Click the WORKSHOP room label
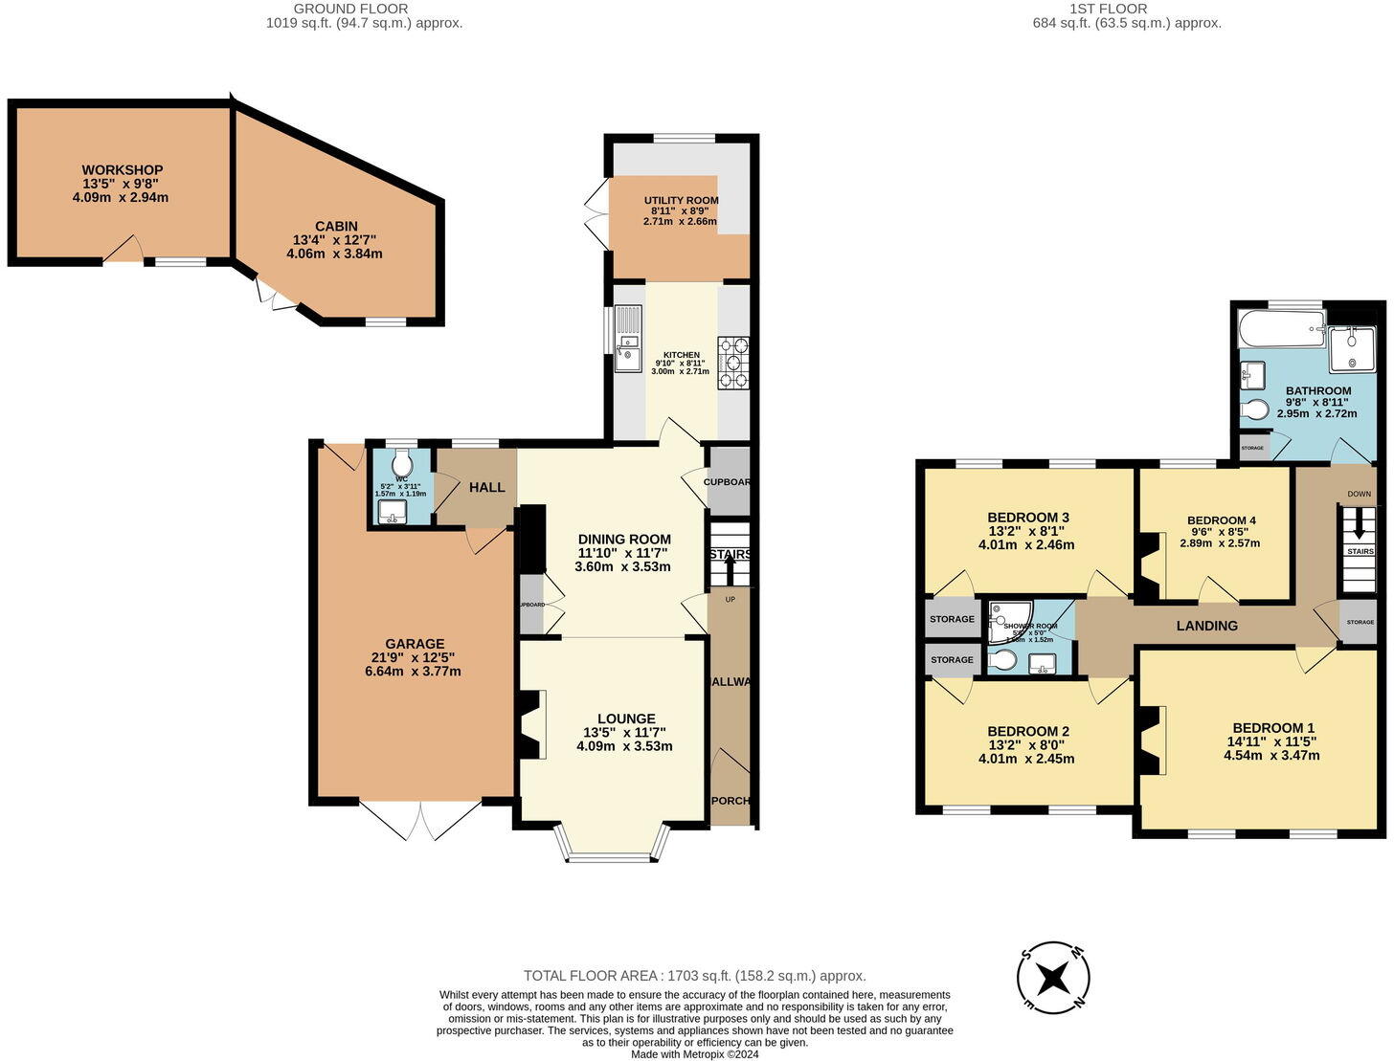122,170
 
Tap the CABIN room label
336,227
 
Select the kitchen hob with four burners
733,363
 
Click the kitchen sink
628,339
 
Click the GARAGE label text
415,644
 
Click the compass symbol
1053,978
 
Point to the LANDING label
1206,626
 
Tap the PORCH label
731,801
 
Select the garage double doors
419,820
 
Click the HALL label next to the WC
486,487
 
